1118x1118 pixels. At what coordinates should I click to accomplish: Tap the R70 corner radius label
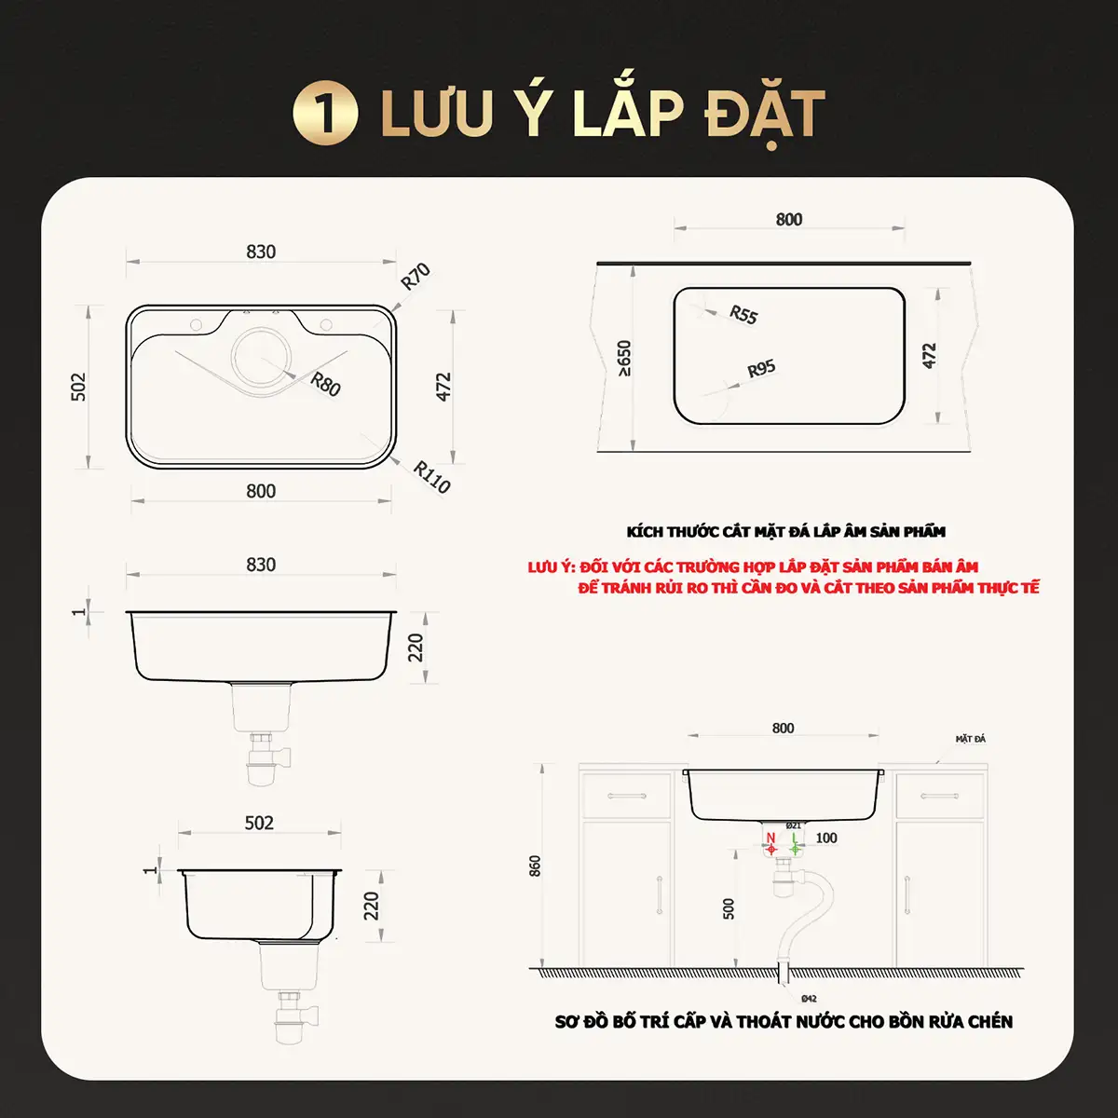pyautogui.click(x=416, y=276)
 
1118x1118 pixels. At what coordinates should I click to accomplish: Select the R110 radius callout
pyautogui.click(x=431, y=477)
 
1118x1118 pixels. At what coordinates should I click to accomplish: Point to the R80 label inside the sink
pyautogui.click(x=325, y=384)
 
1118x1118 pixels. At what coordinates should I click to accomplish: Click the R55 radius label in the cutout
pyautogui.click(x=743, y=315)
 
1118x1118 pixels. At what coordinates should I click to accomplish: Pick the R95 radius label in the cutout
pyautogui.click(x=761, y=368)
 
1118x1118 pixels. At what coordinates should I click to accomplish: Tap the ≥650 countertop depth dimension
pyautogui.click(x=624, y=358)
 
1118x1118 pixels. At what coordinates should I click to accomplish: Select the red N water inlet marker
pyautogui.click(x=771, y=843)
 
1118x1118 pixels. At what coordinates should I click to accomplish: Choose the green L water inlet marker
pyautogui.click(x=795, y=843)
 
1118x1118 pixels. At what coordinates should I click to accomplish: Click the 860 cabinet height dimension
pyautogui.click(x=535, y=866)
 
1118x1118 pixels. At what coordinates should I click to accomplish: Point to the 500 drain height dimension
pyautogui.click(x=729, y=908)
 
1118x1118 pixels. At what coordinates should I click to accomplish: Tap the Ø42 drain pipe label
pyautogui.click(x=809, y=999)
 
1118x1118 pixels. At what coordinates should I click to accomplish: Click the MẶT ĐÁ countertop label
pyautogui.click(x=971, y=739)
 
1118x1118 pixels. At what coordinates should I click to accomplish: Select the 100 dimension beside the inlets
pyautogui.click(x=826, y=838)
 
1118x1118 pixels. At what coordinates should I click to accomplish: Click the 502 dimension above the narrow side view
pyautogui.click(x=259, y=823)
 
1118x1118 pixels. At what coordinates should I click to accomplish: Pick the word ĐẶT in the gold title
pyautogui.click(x=765, y=115)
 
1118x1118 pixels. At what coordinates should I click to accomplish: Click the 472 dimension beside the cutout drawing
pyautogui.click(x=929, y=356)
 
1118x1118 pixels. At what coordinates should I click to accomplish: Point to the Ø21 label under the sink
pyautogui.click(x=793, y=825)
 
